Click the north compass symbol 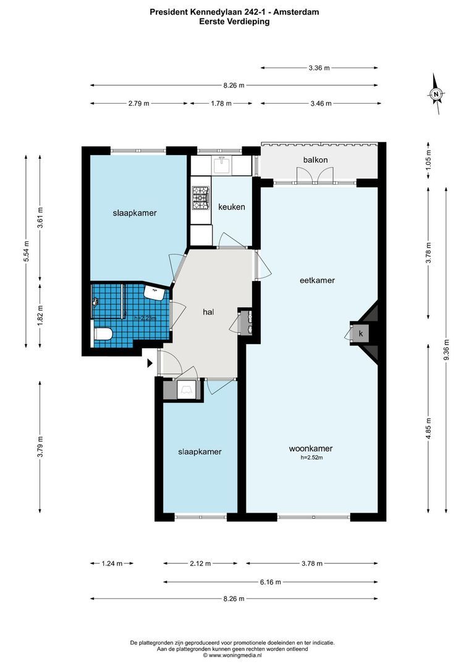click(x=436, y=94)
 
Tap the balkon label click(x=315, y=161)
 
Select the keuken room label click(x=232, y=207)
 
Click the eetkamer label click(x=318, y=280)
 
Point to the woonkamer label click(x=311, y=448)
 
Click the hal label click(x=208, y=312)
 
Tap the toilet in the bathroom click(x=102, y=334)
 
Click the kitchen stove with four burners click(x=200, y=198)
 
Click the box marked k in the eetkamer click(x=360, y=333)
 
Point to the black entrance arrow click(x=150, y=364)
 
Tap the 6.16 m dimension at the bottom click(x=271, y=582)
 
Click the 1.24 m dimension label click(x=112, y=563)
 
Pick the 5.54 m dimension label click(x=26, y=251)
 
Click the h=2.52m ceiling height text click(x=311, y=458)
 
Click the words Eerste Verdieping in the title click(x=234, y=21)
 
